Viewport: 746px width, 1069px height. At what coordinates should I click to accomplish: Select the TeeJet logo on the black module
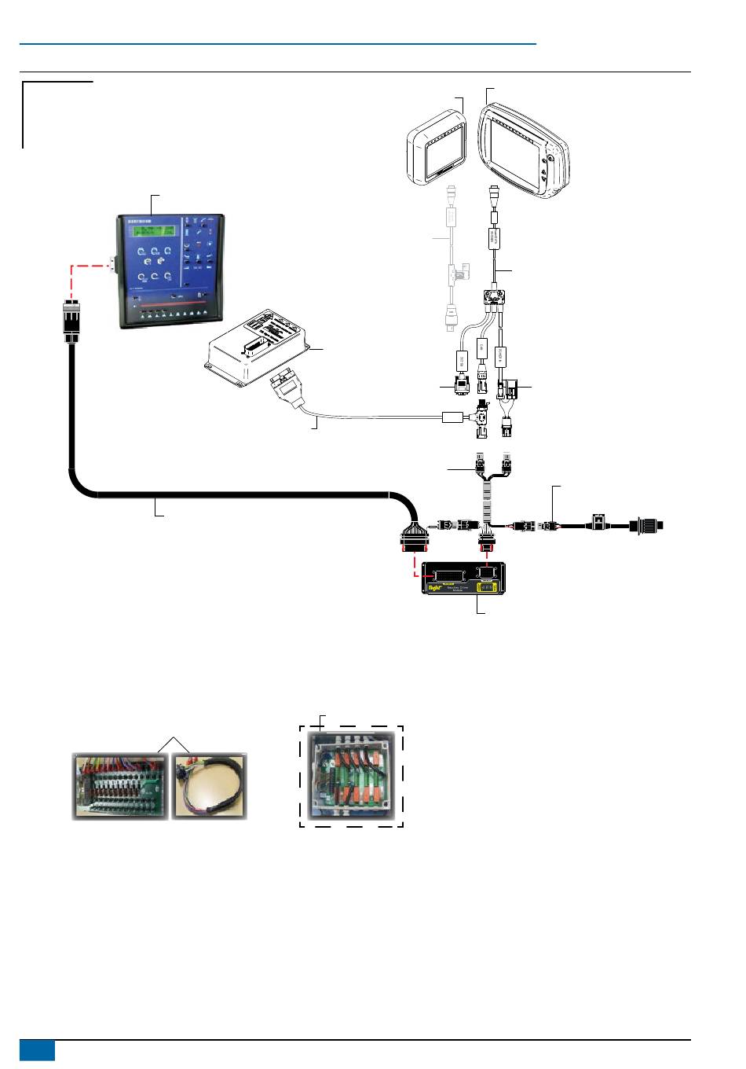(433, 585)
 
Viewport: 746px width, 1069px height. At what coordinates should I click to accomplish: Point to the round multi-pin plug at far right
(648, 523)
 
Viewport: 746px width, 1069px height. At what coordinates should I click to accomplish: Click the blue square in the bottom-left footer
(37, 1050)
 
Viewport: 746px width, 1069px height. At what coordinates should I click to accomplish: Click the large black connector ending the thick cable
(415, 536)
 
